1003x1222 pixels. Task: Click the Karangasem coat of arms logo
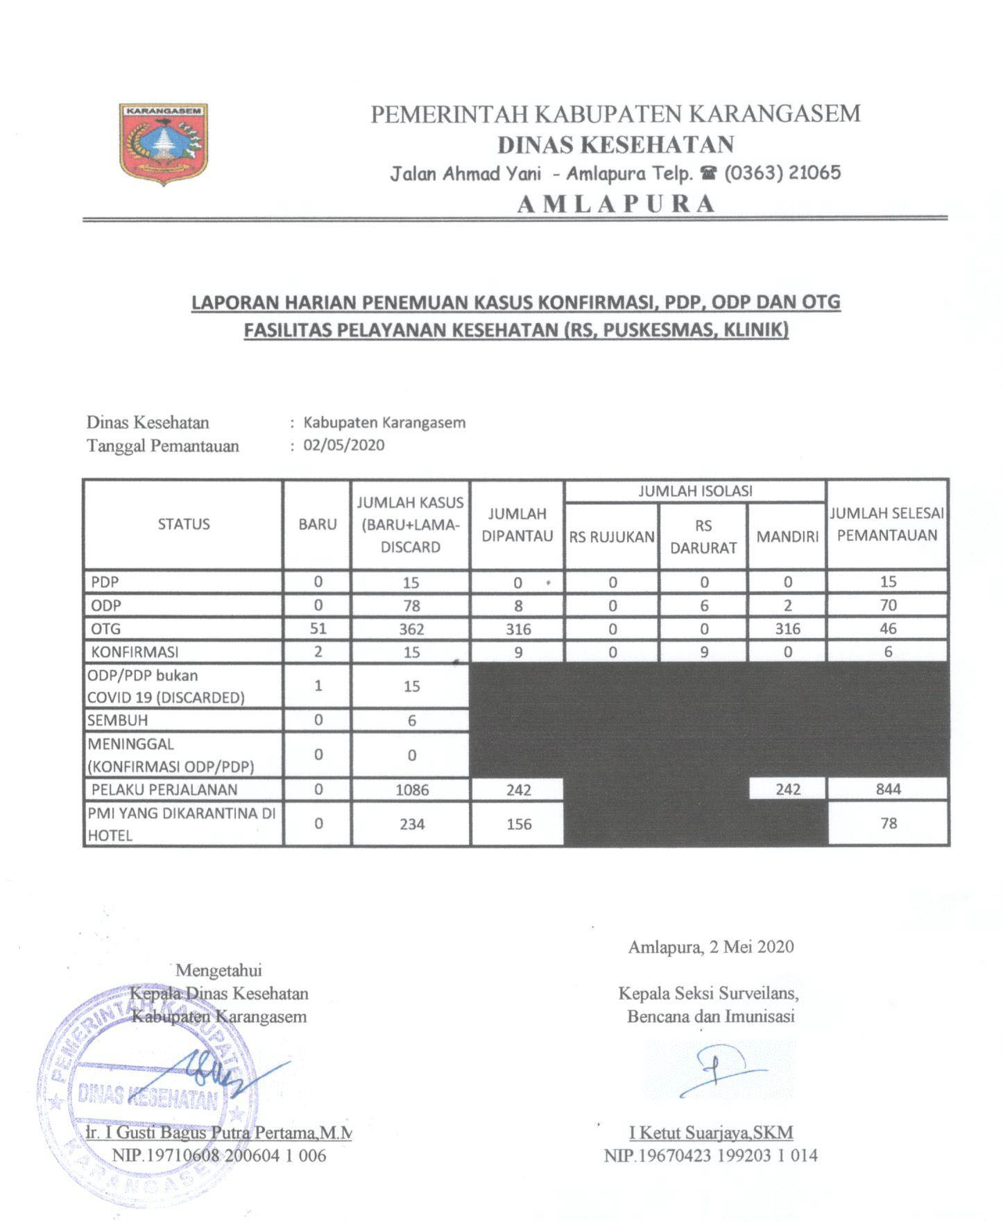pos(164,144)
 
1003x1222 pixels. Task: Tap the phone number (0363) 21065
pos(782,173)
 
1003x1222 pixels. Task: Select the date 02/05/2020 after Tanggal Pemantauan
pos(344,445)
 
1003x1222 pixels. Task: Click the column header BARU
pos(318,524)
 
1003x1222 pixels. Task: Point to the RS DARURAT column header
pos(703,536)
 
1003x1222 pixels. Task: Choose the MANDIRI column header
pos(787,536)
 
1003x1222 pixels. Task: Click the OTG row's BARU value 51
pos(318,628)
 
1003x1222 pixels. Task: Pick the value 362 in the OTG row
pos(411,629)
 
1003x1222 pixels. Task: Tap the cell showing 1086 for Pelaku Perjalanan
pos(411,789)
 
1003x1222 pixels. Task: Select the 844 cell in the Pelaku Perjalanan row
pos(888,789)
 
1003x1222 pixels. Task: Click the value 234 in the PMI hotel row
pos(411,824)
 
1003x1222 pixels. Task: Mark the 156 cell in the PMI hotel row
pos(518,824)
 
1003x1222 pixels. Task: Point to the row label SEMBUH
pos(118,720)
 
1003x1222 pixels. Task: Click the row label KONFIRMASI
pos(135,652)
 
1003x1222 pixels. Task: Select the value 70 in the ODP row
pos(888,605)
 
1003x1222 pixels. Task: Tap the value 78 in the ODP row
pos(411,605)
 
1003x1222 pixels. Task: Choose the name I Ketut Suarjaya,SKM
pos(711,1133)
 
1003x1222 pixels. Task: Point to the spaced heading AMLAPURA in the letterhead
pos(616,204)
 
